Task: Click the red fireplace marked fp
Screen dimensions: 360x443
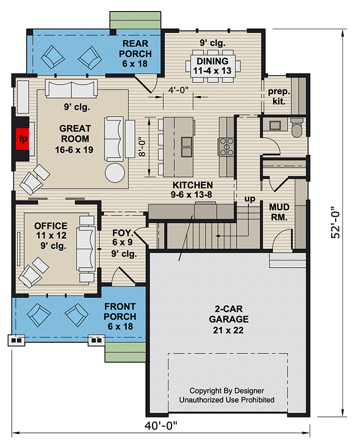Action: (22, 139)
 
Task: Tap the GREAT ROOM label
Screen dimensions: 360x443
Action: (75, 134)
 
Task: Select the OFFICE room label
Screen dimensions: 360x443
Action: (51, 226)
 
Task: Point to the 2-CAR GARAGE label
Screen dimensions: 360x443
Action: (228, 314)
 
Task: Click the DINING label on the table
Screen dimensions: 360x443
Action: (212, 61)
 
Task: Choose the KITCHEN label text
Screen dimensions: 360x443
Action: (192, 185)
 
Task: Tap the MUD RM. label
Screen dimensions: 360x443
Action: (279, 212)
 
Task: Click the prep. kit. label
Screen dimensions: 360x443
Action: (279, 96)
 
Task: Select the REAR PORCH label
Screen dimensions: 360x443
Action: (135, 49)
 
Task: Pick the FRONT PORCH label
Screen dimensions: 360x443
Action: (120, 311)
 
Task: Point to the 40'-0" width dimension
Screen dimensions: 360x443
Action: (161, 425)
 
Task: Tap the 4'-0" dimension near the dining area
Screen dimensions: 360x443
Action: (178, 90)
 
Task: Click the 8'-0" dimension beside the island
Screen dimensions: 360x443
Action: (142, 147)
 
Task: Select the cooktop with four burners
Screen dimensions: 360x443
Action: (226, 147)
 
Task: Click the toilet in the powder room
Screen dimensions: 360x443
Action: (297, 128)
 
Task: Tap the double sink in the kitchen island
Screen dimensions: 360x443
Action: (186, 147)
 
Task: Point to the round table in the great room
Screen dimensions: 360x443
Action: (114, 173)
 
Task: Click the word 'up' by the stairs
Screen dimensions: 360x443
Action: (250, 199)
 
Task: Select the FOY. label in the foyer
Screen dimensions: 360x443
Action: (123, 233)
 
